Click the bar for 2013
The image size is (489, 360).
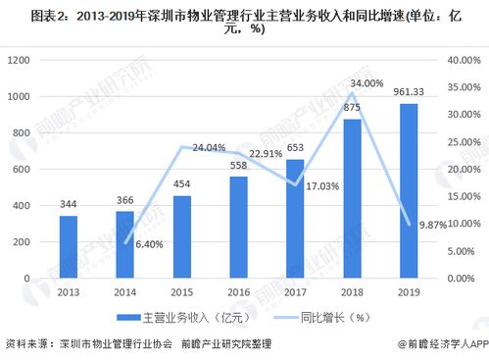click(x=68, y=247)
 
